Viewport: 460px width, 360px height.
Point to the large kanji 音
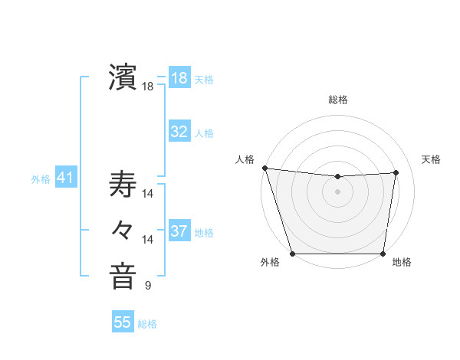pyautogui.click(x=123, y=277)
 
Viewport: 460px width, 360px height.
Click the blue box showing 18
pyautogui.click(x=179, y=78)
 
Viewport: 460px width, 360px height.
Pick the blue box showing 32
pyautogui.click(x=179, y=132)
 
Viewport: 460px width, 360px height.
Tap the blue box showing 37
pyautogui.click(x=179, y=231)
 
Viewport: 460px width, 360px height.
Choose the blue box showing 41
pyautogui.click(x=65, y=178)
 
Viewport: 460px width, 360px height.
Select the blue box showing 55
pyautogui.click(x=123, y=322)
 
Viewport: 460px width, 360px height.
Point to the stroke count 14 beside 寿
pyautogui.click(x=148, y=194)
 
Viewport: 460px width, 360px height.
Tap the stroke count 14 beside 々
pyautogui.click(x=148, y=240)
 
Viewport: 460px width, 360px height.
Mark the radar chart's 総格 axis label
pyautogui.click(x=338, y=100)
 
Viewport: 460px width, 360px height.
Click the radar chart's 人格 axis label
pyautogui.click(x=245, y=159)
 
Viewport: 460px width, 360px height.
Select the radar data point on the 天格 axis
pyautogui.click(x=396, y=172)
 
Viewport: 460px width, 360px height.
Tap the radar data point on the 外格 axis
pyautogui.click(x=292, y=254)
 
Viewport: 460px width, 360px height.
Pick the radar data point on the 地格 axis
pyautogui.click(x=383, y=254)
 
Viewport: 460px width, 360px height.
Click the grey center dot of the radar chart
pyautogui.click(x=338, y=191)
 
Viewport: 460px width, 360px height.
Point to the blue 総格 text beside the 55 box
pyautogui.click(x=147, y=323)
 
